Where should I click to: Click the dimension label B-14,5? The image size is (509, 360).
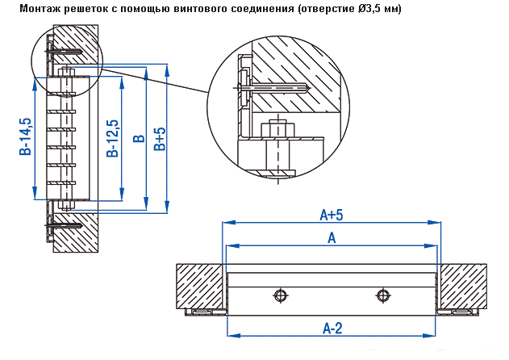pos(26,136)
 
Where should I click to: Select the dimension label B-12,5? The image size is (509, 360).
pos(113,138)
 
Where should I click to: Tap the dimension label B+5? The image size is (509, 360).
pos(160,139)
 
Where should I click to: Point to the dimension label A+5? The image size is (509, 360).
pos(332,215)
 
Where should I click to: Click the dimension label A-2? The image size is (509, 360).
pos(332,329)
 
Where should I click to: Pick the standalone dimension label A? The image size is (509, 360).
pos(332,238)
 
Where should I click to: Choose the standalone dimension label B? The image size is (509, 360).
pos(139,139)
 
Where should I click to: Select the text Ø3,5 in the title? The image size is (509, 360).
pos(365,9)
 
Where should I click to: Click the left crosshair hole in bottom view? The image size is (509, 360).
pos(280,295)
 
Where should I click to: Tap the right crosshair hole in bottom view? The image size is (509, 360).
pos(382,295)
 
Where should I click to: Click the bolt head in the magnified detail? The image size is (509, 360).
pos(277,129)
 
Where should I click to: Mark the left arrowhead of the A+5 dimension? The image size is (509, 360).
pos(228,223)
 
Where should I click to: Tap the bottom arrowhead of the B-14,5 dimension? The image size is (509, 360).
pos(35,193)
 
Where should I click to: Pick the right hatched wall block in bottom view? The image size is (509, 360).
pos(462,286)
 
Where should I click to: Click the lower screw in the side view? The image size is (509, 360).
pos(64,225)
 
